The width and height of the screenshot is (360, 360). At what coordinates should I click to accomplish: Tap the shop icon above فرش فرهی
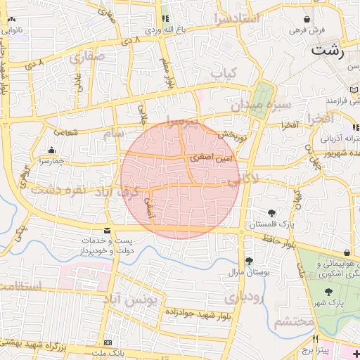pos(307,19)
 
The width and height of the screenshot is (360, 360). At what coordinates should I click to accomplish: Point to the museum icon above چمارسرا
pos(51,150)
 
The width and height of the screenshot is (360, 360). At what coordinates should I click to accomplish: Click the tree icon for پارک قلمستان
pos(272,213)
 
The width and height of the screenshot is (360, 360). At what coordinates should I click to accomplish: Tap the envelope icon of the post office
pos(107,231)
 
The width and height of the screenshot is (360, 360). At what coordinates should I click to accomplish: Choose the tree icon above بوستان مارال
pos(249,261)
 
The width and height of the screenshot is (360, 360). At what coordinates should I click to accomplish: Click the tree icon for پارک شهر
pos(328,292)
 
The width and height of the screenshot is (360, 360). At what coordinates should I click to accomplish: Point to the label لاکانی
pos(243,180)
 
